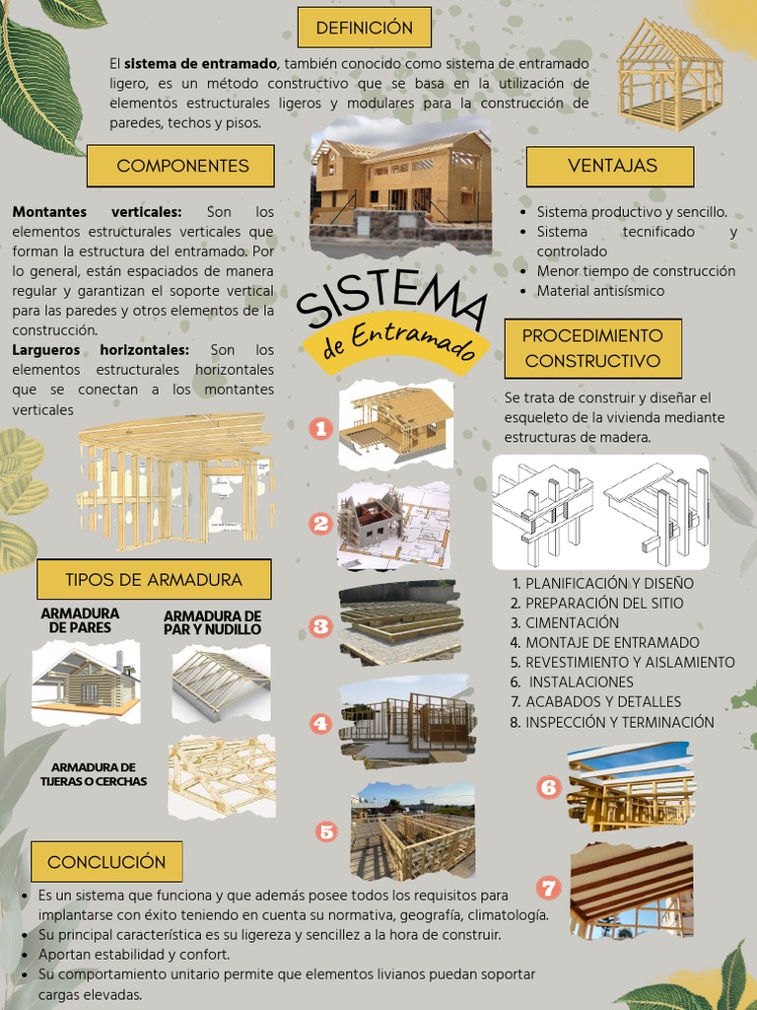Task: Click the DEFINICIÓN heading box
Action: tap(364, 28)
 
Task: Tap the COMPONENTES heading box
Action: tap(182, 166)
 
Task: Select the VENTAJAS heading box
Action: tap(611, 166)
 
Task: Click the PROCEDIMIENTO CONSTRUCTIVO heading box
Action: tap(592, 348)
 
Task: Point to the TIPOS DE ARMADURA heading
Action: tap(153, 580)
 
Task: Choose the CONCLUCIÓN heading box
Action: tap(106, 862)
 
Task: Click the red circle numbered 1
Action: tap(320, 428)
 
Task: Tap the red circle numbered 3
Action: tap(320, 625)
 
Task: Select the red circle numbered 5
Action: tap(327, 831)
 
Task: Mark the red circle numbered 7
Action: tap(549, 888)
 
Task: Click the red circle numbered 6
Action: tap(549, 787)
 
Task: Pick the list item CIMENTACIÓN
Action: tap(572, 622)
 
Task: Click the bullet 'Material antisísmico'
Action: tap(600, 291)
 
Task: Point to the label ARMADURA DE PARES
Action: tap(80, 620)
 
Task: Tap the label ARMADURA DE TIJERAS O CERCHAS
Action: tap(94, 774)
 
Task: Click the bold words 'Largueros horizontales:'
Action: tap(101, 350)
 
